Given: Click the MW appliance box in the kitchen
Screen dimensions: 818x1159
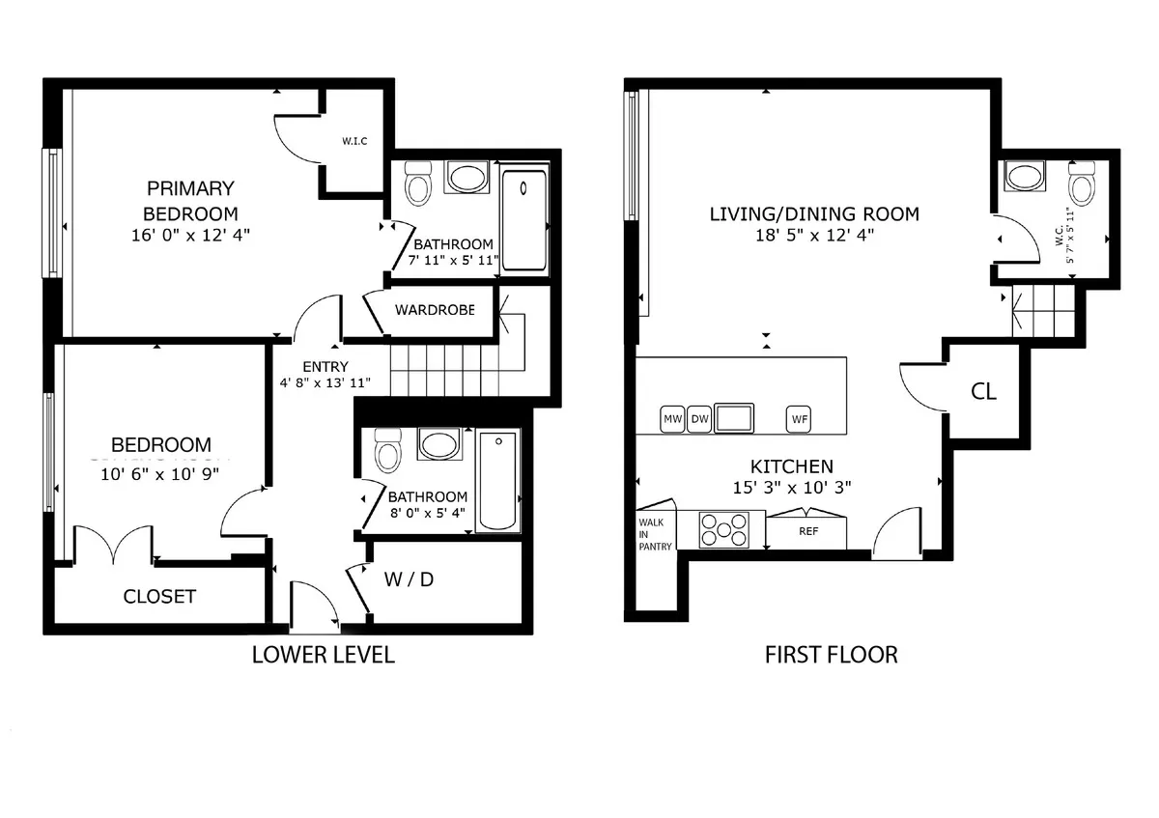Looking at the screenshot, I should pyautogui.click(x=673, y=419).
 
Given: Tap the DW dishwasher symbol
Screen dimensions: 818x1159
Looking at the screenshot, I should pyautogui.click(x=699, y=419).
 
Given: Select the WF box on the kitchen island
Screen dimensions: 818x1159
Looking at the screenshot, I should pyautogui.click(x=799, y=419).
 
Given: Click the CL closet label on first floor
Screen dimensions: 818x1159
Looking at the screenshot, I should pyautogui.click(x=983, y=392).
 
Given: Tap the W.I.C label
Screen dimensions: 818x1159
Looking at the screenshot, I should pyautogui.click(x=354, y=141).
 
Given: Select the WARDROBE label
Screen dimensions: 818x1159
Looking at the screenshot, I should pyautogui.click(x=431, y=311).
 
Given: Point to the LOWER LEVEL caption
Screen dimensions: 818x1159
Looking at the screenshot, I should pyautogui.click(x=323, y=655).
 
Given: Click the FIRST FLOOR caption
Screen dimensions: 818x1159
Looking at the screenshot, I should pyautogui.click(x=831, y=655).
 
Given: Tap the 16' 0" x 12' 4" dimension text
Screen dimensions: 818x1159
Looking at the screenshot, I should pyautogui.click(x=190, y=234).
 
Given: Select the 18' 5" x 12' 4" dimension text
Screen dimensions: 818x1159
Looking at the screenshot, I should pyautogui.click(x=814, y=234).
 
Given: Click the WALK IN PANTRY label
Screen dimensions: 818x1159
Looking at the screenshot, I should pyautogui.click(x=654, y=534).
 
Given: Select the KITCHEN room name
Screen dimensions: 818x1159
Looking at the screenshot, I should pyautogui.click(x=792, y=466).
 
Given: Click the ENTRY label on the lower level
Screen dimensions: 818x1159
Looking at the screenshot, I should pyautogui.click(x=325, y=367).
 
